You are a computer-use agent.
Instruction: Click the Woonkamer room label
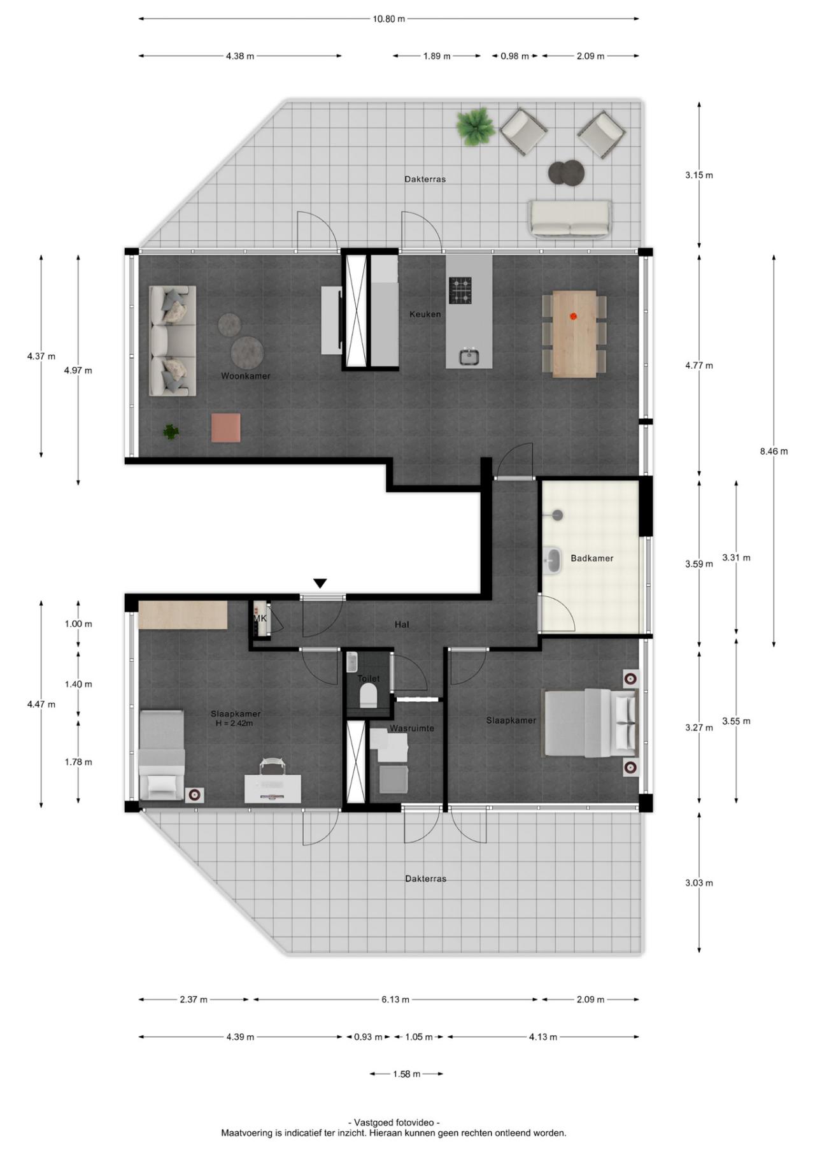tap(246, 376)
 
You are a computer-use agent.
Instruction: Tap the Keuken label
tap(425, 314)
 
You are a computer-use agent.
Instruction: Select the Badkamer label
tap(592, 558)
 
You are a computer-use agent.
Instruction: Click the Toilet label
tap(369, 678)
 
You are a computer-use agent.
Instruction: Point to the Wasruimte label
tap(412, 728)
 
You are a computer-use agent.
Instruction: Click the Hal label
tap(402, 624)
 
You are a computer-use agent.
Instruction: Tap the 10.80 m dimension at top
tap(389, 19)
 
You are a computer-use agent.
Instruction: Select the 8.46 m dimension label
tap(774, 452)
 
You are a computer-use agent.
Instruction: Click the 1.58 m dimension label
tap(406, 1074)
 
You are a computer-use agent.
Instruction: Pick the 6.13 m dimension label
tap(395, 999)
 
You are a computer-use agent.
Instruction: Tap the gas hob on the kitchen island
tap(460, 290)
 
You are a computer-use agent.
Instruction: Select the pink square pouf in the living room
tap(226, 427)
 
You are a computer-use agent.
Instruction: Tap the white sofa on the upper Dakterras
tap(569, 219)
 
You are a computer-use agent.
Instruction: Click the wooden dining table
tap(574, 334)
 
